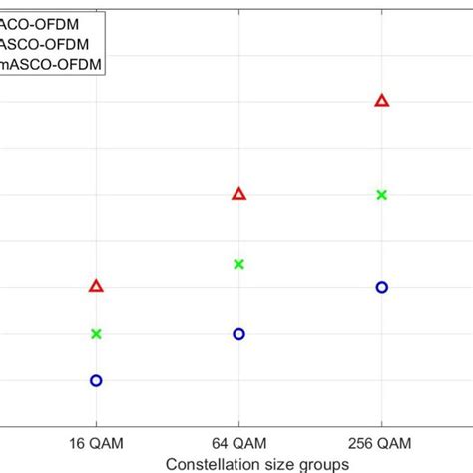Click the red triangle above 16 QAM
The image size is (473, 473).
96,286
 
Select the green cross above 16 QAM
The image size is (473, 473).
96,333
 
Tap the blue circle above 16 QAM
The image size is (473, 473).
96,380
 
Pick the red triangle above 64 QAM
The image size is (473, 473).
238,193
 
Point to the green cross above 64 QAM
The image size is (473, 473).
238,264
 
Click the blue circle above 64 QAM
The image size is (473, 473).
238,334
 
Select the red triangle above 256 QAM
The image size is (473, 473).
381,100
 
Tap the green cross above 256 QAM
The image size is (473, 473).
381,194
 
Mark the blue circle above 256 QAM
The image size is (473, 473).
381,287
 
